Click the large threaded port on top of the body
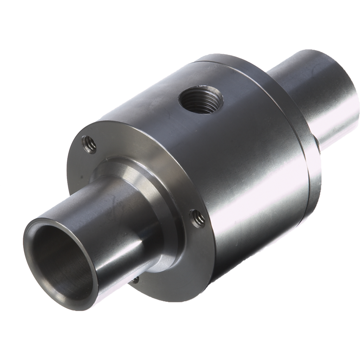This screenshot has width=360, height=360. [201, 99]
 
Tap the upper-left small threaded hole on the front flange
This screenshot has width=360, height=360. [89, 144]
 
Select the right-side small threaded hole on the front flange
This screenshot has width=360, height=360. [198, 218]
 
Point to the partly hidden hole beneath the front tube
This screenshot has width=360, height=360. [135, 279]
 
